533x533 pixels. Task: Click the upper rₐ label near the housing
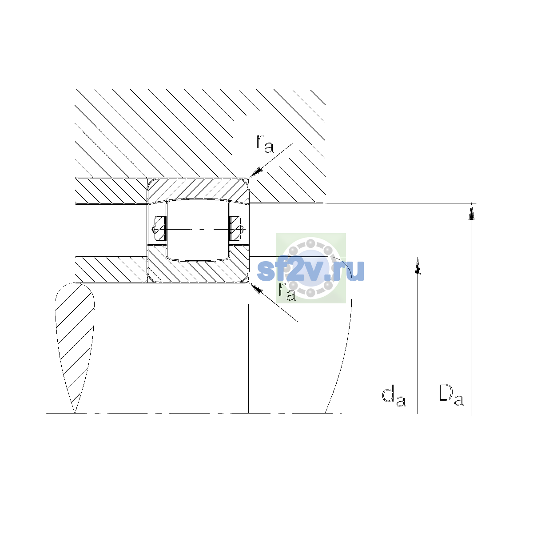265,143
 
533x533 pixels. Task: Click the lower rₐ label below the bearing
287,292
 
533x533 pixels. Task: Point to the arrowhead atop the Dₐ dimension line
472,211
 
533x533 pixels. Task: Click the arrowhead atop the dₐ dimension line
418,266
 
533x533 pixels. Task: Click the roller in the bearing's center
198,230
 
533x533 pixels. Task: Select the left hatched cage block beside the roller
160,228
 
